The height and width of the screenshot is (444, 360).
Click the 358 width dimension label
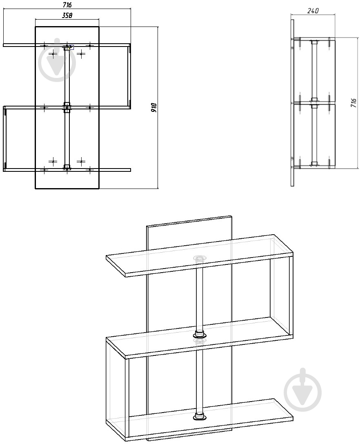pyautogui.click(x=67, y=15)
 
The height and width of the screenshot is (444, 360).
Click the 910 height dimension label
pyautogui.click(x=153, y=107)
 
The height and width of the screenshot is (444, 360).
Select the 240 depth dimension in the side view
pyautogui.click(x=313, y=11)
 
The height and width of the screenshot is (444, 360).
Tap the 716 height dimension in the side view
pyautogui.click(x=353, y=102)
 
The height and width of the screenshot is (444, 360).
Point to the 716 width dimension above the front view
pyautogui.click(x=67, y=4)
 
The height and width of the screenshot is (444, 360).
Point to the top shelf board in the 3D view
pyautogui.click(x=200, y=256)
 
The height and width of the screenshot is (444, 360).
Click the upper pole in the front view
pyautogui.click(x=67, y=76)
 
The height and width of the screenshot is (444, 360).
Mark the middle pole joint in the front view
pyautogui.click(x=67, y=107)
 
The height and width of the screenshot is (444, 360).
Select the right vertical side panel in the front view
pyautogui.click(x=129, y=76)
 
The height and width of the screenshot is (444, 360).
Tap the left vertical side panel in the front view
pyautogui.click(x=4, y=139)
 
